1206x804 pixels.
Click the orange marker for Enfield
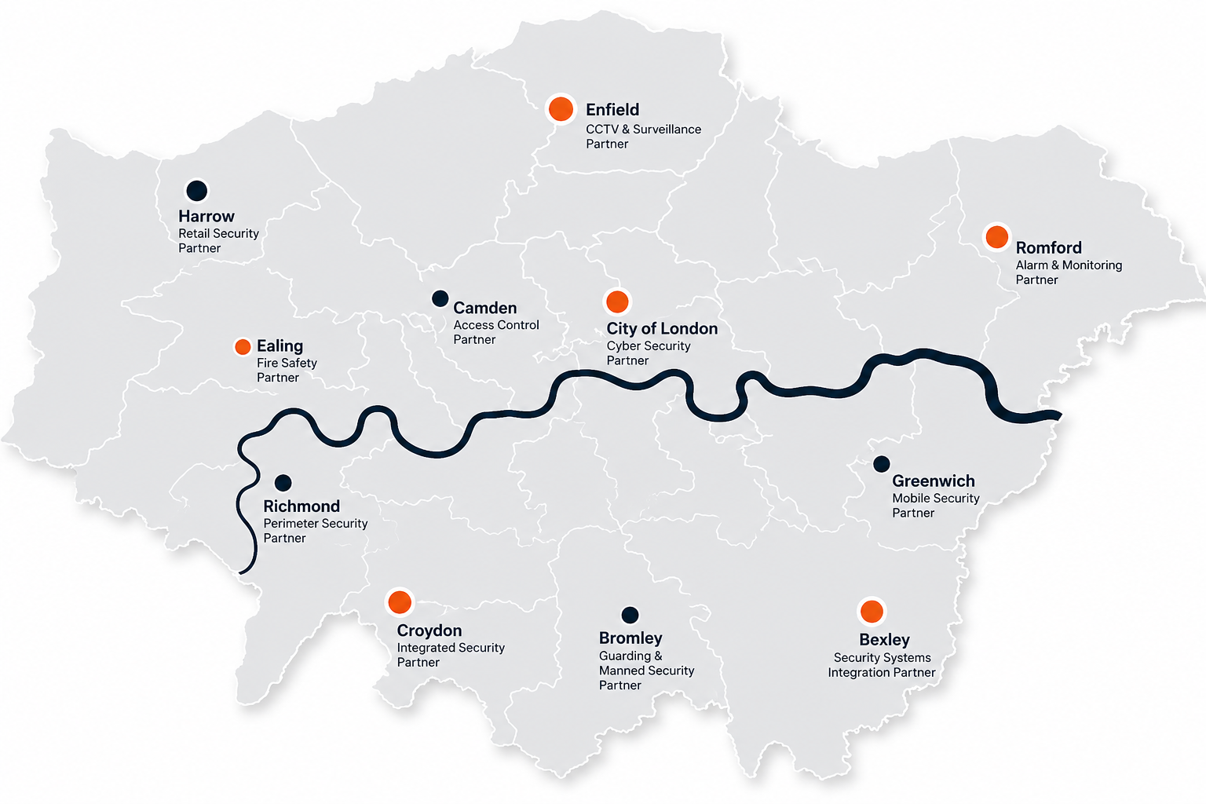(561, 108)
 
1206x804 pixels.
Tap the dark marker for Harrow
(196, 190)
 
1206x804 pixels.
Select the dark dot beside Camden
(440, 298)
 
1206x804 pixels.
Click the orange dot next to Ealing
(243, 347)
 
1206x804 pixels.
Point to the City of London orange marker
(617, 301)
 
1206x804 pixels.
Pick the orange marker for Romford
(996, 236)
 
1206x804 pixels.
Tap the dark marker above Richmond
(283, 483)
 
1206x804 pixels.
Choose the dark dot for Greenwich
(882, 464)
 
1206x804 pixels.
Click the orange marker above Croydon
(400, 602)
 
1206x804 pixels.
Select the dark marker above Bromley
(630, 615)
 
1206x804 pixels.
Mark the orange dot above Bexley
(872, 611)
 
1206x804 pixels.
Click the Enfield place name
(612, 110)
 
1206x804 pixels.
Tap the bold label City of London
(662, 328)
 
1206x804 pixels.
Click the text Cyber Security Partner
(648, 353)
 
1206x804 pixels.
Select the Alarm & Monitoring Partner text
(1069, 272)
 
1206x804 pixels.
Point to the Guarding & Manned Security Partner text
(646, 671)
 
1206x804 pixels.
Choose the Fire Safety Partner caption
(287, 370)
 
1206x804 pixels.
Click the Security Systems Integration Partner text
(882, 665)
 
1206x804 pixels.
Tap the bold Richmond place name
(301, 506)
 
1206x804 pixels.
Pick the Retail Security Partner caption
(218, 240)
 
